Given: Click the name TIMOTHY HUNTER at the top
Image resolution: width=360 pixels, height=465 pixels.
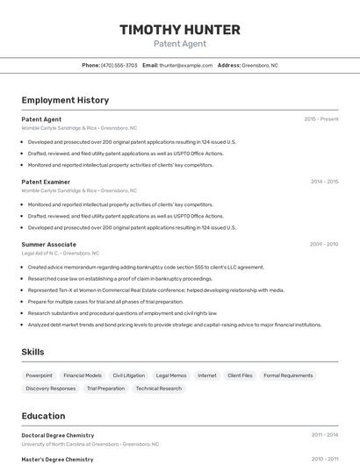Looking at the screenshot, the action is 179,30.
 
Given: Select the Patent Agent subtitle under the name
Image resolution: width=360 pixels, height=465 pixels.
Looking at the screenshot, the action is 179,43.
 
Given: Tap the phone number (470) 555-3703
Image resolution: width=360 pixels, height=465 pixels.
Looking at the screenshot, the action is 119,65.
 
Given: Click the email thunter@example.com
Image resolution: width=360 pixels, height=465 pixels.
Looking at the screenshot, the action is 186,65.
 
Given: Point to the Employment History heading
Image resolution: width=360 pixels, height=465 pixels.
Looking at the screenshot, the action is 65,100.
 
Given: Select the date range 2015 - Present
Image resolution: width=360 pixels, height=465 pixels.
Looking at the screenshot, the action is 320,119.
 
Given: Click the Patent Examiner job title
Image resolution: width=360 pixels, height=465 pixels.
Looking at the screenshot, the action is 46,182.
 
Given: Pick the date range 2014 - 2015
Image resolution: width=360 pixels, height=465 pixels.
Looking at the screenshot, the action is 324,182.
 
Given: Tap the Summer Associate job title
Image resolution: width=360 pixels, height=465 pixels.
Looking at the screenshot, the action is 48,244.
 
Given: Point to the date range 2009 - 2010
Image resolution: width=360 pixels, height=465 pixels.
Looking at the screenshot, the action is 324,244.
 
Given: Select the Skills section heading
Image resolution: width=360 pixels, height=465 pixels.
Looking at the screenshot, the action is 33,352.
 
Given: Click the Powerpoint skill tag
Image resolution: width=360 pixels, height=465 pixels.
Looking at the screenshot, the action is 39,376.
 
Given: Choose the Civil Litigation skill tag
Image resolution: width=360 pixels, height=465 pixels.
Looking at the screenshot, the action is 128,376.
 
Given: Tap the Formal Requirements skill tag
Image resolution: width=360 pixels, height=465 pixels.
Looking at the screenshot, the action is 288,376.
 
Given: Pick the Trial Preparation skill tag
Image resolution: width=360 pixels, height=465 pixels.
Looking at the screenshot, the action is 105,388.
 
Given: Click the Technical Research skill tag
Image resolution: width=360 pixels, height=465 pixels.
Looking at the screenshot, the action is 159,388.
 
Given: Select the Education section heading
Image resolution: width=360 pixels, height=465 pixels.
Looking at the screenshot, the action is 43,416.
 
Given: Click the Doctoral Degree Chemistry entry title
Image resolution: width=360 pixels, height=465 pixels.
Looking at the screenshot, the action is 57,435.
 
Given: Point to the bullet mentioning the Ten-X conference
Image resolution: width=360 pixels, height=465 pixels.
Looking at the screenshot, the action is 155,290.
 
